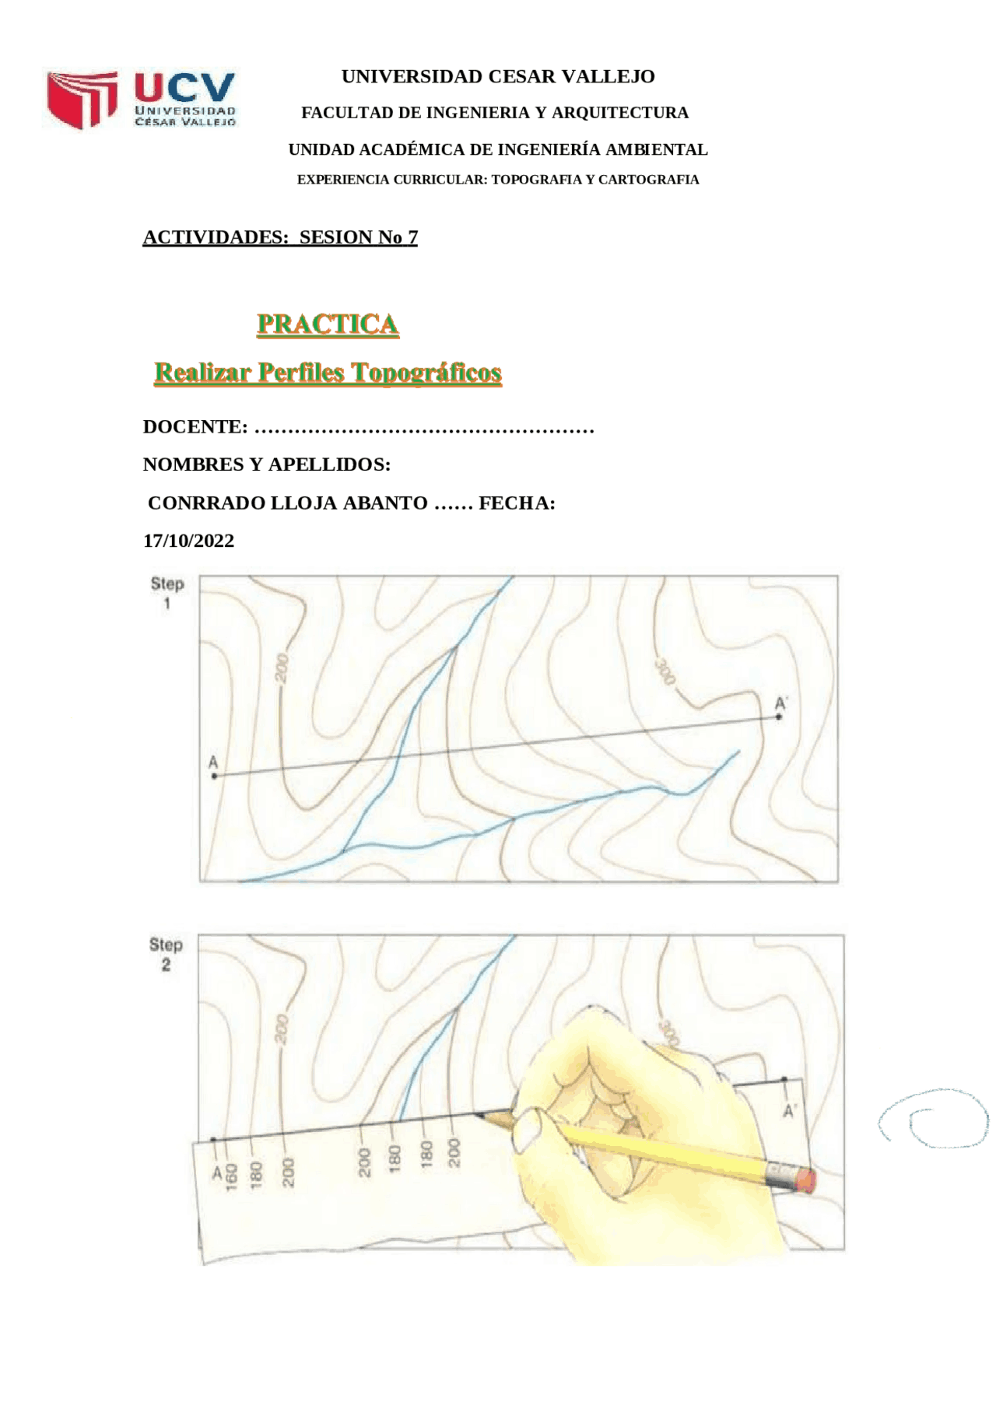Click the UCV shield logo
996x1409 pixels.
coord(82,100)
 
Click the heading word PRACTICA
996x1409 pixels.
coord(328,324)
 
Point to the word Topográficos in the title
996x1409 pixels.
coord(426,373)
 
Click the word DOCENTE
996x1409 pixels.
coord(195,427)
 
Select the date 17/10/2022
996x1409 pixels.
coord(188,541)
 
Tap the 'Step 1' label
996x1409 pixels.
coord(167,592)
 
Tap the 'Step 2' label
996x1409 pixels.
coord(166,954)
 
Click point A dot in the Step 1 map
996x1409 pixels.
coord(215,776)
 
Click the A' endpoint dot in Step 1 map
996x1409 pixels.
coord(779,717)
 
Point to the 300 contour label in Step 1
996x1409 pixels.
coord(664,671)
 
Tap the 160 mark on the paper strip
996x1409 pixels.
coord(231,1175)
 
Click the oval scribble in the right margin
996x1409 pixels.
coord(934,1119)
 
